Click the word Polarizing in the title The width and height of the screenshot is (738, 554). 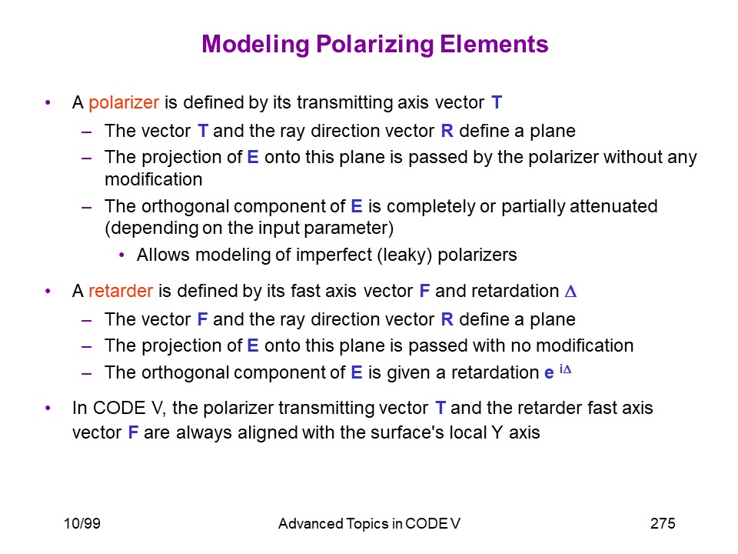pos(375,45)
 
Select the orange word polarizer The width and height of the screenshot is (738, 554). pos(124,103)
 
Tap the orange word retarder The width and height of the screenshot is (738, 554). pos(121,291)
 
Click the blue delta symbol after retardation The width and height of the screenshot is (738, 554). pos(570,292)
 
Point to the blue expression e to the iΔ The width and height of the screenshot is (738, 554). pos(558,372)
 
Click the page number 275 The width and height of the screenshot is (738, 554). pos(663,523)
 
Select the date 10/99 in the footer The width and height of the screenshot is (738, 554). pos(82,523)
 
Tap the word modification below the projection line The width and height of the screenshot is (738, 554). pos(154,179)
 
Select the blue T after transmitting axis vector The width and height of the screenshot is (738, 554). pos(497,102)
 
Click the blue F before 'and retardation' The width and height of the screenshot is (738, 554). pos(424,291)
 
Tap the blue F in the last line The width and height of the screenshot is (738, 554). pos(133,432)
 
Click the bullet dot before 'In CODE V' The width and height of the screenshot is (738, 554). pos(48,408)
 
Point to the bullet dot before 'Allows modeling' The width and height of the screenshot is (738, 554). pos(122,255)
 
